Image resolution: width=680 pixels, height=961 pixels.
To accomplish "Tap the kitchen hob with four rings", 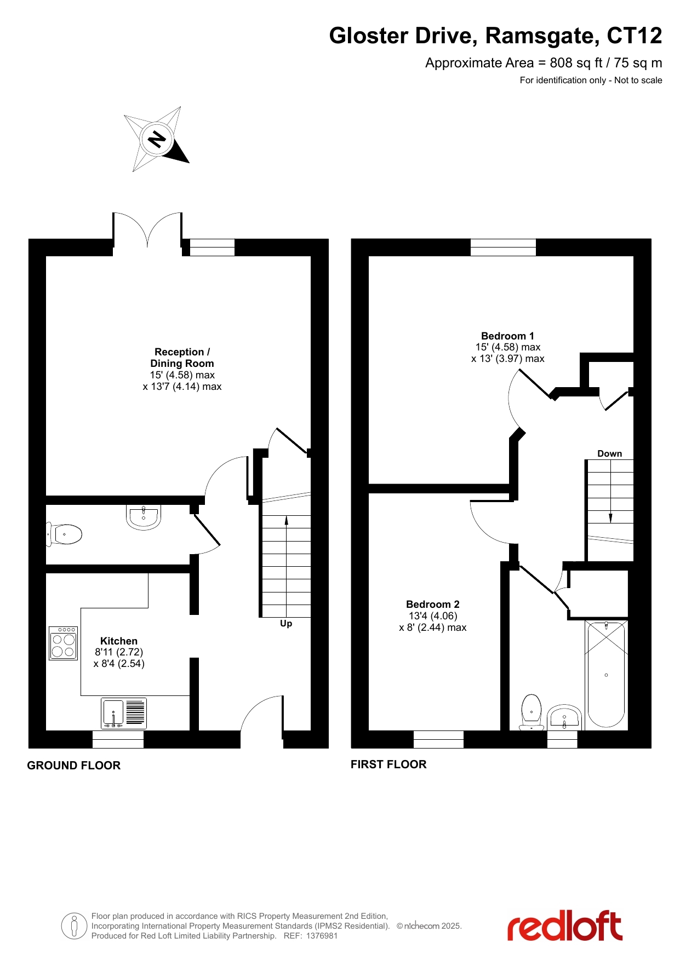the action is [63, 643].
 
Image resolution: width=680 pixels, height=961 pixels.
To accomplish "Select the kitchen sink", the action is [124, 713].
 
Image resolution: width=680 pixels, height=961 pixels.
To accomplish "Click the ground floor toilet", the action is [64, 534].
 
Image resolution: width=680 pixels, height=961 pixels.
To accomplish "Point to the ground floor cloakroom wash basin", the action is [144, 517].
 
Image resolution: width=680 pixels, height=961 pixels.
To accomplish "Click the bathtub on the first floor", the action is [606, 674].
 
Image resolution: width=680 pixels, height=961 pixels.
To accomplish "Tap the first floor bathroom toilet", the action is [531, 712].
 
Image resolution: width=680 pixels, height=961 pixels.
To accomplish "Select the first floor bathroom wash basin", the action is [564, 718].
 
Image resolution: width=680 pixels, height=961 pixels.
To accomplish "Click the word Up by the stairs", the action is [286, 623].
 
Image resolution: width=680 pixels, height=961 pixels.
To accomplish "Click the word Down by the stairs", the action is [610, 453].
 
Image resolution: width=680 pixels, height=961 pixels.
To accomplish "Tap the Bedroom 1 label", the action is [507, 336].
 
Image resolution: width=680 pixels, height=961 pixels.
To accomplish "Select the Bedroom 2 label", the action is [433, 604].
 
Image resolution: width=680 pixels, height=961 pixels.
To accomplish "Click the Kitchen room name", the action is [119, 641].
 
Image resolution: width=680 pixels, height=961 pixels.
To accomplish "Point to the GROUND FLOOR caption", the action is [74, 766].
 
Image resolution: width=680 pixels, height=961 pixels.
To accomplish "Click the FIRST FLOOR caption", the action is [388, 764].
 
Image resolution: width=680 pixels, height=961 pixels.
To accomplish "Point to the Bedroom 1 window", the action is [503, 248].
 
